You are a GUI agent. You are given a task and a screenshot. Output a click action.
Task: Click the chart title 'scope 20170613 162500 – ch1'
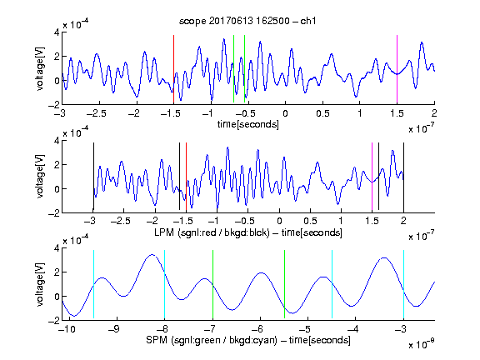(x=247, y=21)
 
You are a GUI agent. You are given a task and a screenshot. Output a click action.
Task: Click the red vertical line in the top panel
(x=173, y=69)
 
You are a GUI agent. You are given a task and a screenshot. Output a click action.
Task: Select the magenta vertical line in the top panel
(x=397, y=69)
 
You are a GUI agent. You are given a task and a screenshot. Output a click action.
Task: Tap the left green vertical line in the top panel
(x=233, y=68)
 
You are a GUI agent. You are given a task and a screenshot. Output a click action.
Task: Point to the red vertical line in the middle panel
(x=186, y=177)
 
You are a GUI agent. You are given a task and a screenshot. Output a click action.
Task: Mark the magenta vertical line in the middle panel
(x=372, y=177)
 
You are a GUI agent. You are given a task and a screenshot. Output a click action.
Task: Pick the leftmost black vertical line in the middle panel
(x=93, y=177)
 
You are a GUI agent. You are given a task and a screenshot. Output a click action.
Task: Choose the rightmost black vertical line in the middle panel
(x=403, y=177)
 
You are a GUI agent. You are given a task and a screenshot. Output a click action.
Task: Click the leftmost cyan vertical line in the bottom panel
(x=93, y=284)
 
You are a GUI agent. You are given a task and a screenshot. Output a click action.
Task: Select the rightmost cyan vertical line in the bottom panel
(x=403, y=284)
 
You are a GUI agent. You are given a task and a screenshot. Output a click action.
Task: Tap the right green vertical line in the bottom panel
(x=284, y=284)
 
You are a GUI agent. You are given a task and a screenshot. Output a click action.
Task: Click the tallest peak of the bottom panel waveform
(x=152, y=254)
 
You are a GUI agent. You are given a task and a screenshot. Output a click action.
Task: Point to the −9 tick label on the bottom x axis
(x=114, y=329)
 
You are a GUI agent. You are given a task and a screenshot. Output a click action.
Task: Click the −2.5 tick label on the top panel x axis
(x=96, y=113)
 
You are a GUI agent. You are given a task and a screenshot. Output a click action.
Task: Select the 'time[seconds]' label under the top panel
(x=248, y=124)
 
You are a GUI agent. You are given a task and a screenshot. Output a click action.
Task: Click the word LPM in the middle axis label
(x=164, y=232)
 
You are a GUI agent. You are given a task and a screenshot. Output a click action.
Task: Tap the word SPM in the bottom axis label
(x=157, y=340)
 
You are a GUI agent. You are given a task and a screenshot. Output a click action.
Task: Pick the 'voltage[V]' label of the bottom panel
(x=40, y=284)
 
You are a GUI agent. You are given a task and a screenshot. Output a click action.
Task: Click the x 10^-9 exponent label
(x=421, y=344)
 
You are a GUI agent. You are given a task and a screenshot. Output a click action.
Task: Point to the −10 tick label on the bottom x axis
(x=67, y=329)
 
